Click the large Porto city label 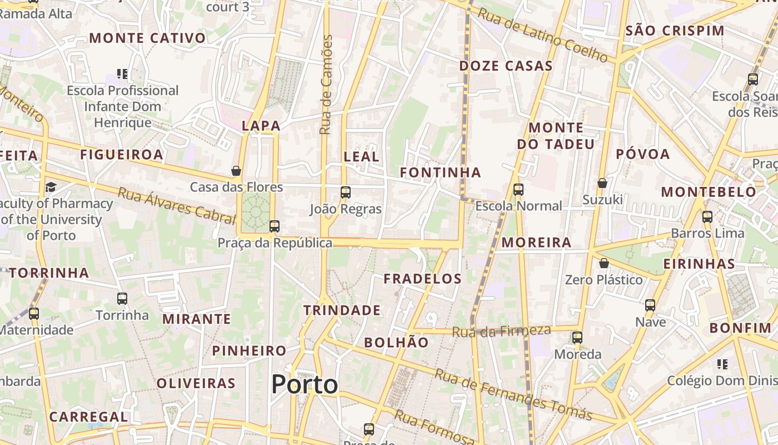tap(305, 384)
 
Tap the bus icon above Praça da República tap(274, 226)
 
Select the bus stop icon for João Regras tap(346, 192)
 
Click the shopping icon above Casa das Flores tap(236, 170)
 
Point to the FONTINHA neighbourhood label tap(441, 173)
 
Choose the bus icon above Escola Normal tap(518, 189)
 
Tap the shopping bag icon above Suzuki tap(602, 182)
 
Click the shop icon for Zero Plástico tap(604, 263)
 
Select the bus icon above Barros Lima tap(707, 216)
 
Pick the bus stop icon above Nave tap(650, 305)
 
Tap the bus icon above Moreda tap(577, 337)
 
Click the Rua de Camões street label tap(326, 85)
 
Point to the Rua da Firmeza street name tap(501, 331)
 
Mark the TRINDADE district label tap(342, 310)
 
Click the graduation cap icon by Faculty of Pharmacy tap(51, 186)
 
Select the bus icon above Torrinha tap(122, 298)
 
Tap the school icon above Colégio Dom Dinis tap(722, 364)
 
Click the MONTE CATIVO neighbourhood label tap(147, 38)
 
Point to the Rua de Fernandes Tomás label tap(513, 394)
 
